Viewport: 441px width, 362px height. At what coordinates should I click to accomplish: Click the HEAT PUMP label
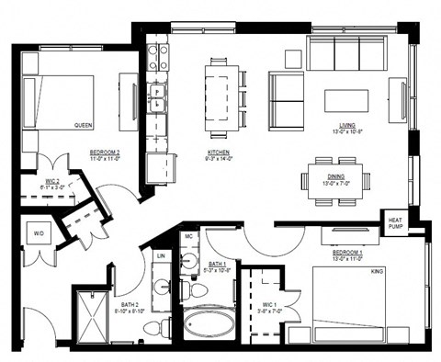click(395, 223)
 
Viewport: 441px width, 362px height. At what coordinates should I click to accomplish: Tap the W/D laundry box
click(39, 233)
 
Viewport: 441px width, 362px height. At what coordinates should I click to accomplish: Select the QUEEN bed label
click(84, 125)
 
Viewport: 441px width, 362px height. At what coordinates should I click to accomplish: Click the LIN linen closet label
click(162, 255)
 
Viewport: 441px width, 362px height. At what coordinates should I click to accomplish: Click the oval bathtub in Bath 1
click(209, 324)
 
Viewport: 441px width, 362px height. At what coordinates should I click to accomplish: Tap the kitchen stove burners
click(158, 57)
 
